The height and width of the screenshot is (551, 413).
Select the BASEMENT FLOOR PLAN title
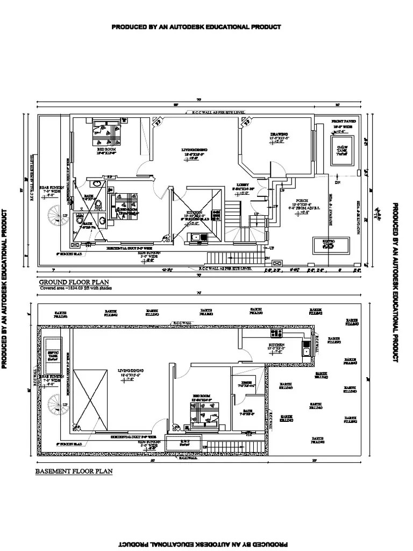[74, 471]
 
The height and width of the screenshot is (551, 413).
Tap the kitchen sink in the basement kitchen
[307, 352]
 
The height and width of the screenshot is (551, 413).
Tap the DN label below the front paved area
[337, 182]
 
